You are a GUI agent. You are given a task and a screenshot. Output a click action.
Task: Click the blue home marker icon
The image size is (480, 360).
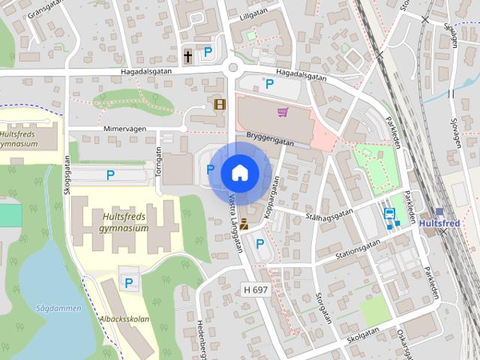239,172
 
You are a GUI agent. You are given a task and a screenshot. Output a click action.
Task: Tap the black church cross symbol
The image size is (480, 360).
188,55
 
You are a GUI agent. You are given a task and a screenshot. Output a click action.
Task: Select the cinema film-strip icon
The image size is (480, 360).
220,104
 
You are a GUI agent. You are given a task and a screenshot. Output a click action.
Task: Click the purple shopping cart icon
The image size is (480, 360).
283,112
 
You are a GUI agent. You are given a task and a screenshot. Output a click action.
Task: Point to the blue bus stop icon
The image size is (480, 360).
390,214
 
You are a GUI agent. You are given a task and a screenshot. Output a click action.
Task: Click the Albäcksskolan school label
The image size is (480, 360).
124,318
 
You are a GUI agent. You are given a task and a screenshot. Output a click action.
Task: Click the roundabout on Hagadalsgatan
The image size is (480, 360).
232,69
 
